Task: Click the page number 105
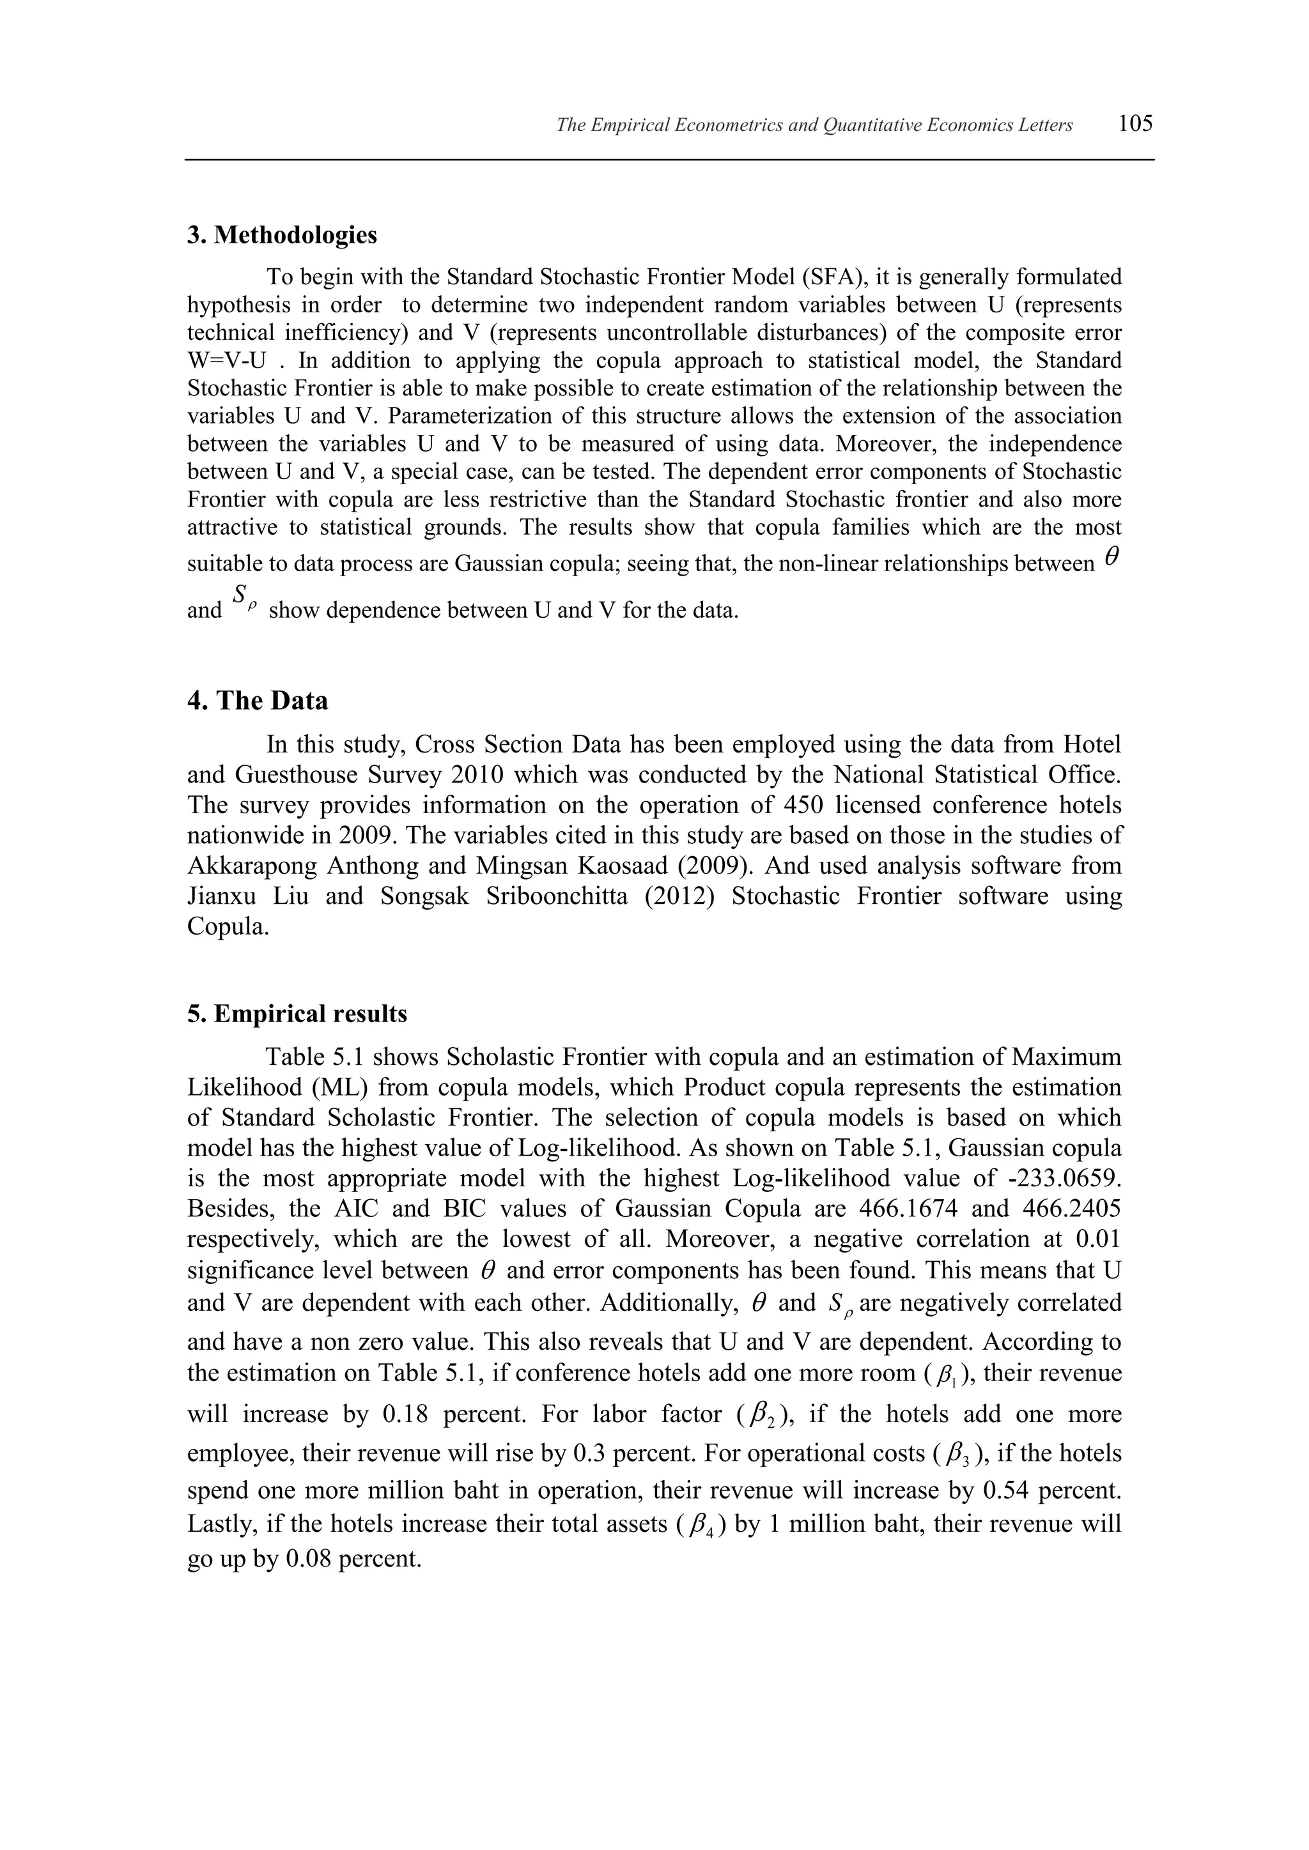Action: pyautogui.click(x=1136, y=124)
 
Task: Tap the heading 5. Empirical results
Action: pyautogui.click(x=297, y=1014)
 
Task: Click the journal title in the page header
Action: pyautogui.click(x=814, y=126)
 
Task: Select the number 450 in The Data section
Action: pyautogui.click(x=803, y=805)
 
